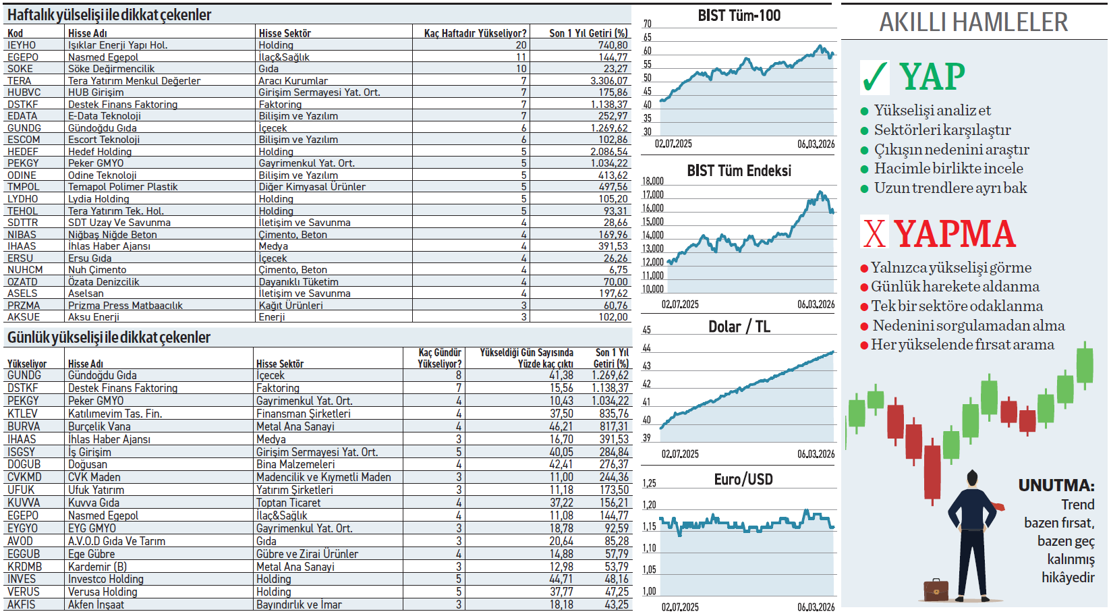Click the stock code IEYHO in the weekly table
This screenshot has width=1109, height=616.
pyautogui.click(x=22, y=45)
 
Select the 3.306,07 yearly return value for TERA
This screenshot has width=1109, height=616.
pyautogui.click(x=608, y=81)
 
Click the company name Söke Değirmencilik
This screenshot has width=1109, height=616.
pyautogui.click(x=111, y=69)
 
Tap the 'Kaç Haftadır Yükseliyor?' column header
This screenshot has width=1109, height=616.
pyautogui.click(x=475, y=33)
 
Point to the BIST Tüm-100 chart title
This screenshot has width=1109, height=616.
pyautogui.click(x=739, y=16)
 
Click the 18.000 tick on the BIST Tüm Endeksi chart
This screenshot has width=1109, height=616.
pyautogui.click(x=652, y=181)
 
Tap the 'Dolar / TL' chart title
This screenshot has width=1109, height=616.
pyautogui.click(x=739, y=327)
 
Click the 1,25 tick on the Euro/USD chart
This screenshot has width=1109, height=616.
pyautogui.click(x=649, y=484)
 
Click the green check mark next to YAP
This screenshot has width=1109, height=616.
pyautogui.click(x=875, y=77)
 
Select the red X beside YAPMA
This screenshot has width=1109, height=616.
pyautogui.click(x=874, y=233)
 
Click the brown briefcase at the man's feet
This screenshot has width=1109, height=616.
pyautogui.click(x=936, y=590)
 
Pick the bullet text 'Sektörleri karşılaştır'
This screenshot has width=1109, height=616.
pyautogui.click(x=942, y=130)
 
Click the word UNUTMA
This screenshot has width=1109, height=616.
pyautogui.click(x=1056, y=486)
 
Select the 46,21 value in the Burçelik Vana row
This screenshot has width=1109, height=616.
pyautogui.click(x=561, y=426)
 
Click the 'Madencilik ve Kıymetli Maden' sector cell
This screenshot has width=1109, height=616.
pyautogui.click(x=323, y=478)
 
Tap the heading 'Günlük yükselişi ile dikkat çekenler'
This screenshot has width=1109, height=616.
pyautogui.click(x=109, y=337)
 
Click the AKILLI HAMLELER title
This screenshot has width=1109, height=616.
pyautogui.click(x=973, y=22)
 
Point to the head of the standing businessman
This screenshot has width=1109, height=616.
pyautogui.click(x=973, y=479)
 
